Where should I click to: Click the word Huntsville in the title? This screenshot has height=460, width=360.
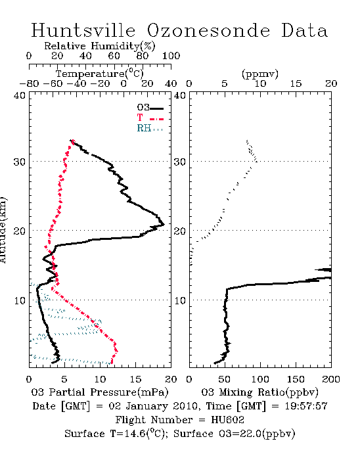tap(83, 30)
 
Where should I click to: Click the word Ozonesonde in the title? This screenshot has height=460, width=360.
tap(208, 30)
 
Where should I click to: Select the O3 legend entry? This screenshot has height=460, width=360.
tap(150, 108)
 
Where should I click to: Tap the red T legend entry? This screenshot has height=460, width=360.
tap(150, 118)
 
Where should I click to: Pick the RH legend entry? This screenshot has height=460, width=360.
tap(150, 128)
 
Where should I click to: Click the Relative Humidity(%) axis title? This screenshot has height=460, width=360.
tap(100, 46)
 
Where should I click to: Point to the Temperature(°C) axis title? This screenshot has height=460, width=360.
tap(100, 74)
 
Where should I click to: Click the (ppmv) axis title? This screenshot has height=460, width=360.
tap(260, 74)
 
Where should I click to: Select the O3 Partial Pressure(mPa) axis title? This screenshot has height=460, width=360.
tap(100, 392)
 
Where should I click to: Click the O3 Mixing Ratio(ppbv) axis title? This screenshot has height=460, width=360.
tap(259, 392)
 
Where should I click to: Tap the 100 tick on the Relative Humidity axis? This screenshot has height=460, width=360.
tap(171, 56)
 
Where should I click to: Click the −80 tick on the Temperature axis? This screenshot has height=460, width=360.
tap(29, 83)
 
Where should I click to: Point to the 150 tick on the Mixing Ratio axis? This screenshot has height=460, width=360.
tap(296, 379)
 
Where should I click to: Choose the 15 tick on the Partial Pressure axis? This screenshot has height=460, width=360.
tap(135, 379)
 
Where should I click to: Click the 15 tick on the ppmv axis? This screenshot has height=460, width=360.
tap(296, 83)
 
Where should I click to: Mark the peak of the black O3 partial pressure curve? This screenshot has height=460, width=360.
tap(164, 225)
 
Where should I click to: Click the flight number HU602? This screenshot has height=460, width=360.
tap(227, 420)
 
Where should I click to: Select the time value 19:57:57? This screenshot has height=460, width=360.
tap(305, 406)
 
